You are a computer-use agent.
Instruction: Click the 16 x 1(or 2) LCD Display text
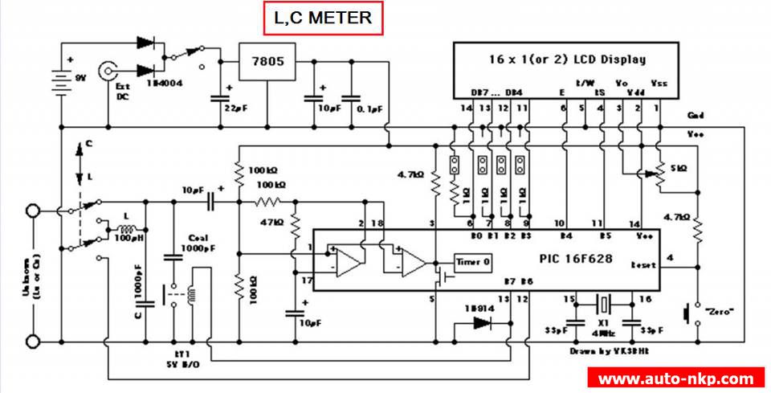pos(567,59)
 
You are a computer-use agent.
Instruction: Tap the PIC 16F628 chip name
pos(575,260)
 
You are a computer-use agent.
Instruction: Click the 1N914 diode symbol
pos(481,324)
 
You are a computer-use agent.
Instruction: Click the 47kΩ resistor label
pos(273,222)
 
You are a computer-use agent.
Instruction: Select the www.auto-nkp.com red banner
pos(676,378)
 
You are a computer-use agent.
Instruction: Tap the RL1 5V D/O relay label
pos(180,359)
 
